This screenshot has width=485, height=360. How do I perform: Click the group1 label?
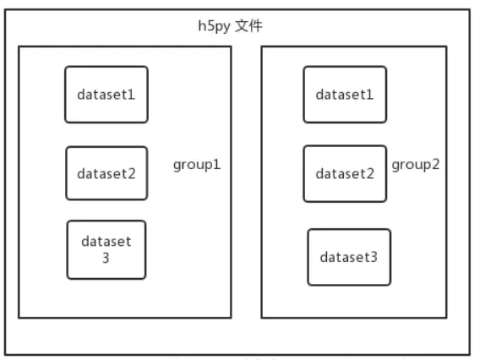197,163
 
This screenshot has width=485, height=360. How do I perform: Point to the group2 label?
415,163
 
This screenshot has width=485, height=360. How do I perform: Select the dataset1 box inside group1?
106,95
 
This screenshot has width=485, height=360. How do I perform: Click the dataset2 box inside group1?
106,174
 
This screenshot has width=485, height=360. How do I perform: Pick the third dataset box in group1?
106,249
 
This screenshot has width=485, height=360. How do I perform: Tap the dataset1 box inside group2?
345,95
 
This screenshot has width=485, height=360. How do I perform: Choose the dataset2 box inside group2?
345,174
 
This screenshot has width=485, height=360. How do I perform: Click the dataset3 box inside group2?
349,257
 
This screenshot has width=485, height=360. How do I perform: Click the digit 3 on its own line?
106,258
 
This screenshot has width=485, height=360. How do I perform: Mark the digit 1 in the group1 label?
217,163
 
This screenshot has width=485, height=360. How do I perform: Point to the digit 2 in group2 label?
436,163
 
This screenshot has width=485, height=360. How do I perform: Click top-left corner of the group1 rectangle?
19,47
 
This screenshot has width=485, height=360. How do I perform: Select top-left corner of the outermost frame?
6,9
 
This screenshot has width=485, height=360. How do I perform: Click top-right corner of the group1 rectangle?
231,47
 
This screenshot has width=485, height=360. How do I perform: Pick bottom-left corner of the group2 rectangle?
261,318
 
